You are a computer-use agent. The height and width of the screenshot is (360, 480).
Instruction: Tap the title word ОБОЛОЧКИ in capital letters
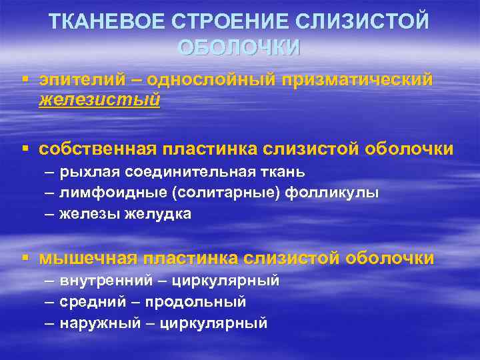pyautogui.click(x=239, y=48)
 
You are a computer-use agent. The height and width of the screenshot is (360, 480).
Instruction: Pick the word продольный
pyautogui.click(x=203, y=302)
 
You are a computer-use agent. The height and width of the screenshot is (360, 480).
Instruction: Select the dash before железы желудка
pyautogui.click(x=50, y=214)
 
